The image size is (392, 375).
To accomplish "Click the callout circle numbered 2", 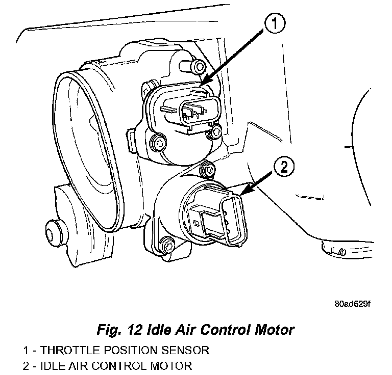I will click(x=285, y=167).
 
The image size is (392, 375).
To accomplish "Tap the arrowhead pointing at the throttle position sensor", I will click(x=202, y=83).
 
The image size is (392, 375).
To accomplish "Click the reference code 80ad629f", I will click(x=352, y=304).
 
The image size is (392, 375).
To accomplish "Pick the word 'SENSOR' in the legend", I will click(x=184, y=351).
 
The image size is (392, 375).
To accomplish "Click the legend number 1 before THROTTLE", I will click(x=26, y=351).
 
